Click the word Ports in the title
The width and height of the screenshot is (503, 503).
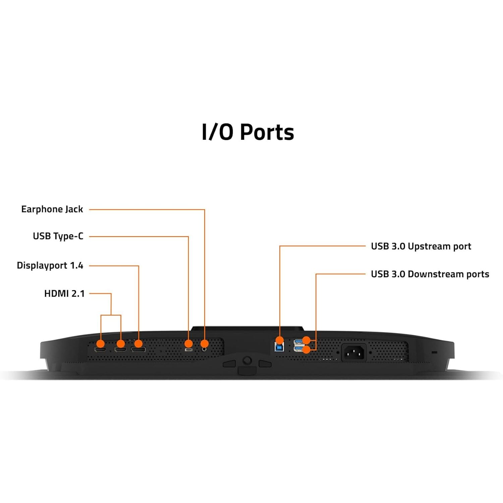[x=267, y=132]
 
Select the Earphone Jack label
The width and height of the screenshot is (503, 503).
[x=52, y=209]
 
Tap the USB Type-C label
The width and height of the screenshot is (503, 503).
[x=58, y=236]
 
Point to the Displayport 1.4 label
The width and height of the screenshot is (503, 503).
[x=50, y=266]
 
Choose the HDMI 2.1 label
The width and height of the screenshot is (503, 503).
[x=64, y=294]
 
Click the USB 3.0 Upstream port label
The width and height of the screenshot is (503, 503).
[x=421, y=246]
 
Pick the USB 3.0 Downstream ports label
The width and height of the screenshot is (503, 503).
[x=430, y=274]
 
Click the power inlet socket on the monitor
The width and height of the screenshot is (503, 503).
[x=354, y=352]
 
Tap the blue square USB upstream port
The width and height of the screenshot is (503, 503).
[x=279, y=347]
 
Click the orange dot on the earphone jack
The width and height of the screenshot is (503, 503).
[x=205, y=344]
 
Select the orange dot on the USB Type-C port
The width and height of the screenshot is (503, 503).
[x=189, y=344]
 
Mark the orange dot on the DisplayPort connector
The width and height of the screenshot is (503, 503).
[x=138, y=344]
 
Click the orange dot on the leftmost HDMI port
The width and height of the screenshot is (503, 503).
[x=101, y=344]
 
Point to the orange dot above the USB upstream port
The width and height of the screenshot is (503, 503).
[x=280, y=340]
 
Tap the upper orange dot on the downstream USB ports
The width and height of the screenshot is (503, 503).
[x=306, y=340]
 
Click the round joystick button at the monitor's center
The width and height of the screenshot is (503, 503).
[x=247, y=360]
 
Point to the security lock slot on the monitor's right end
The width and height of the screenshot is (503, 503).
[x=434, y=352]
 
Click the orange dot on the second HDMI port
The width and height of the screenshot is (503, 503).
[x=121, y=344]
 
